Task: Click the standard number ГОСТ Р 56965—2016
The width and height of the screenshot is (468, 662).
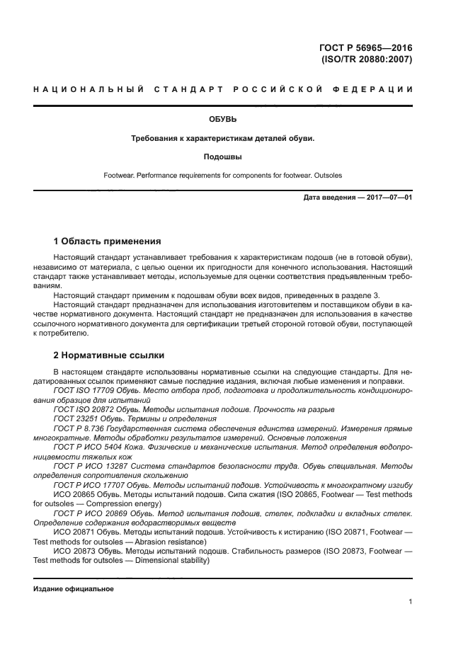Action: pyautogui.click(x=365, y=47)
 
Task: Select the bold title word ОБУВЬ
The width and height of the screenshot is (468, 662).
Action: pyautogui.click(x=222, y=120)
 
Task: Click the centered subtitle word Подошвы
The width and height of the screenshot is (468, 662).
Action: pyautogui.click(x=222, y=156)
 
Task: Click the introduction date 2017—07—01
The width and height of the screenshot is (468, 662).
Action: pyautogui.click(x=388, y=198)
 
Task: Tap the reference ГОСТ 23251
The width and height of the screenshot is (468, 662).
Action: pyautogui.click(x=76, y=418)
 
